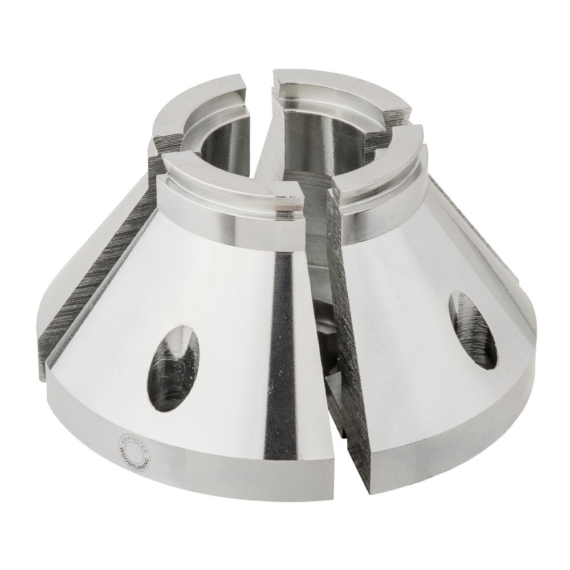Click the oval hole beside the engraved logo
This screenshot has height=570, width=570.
point(174,368)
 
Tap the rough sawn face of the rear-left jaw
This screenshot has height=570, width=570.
point(85,296)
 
